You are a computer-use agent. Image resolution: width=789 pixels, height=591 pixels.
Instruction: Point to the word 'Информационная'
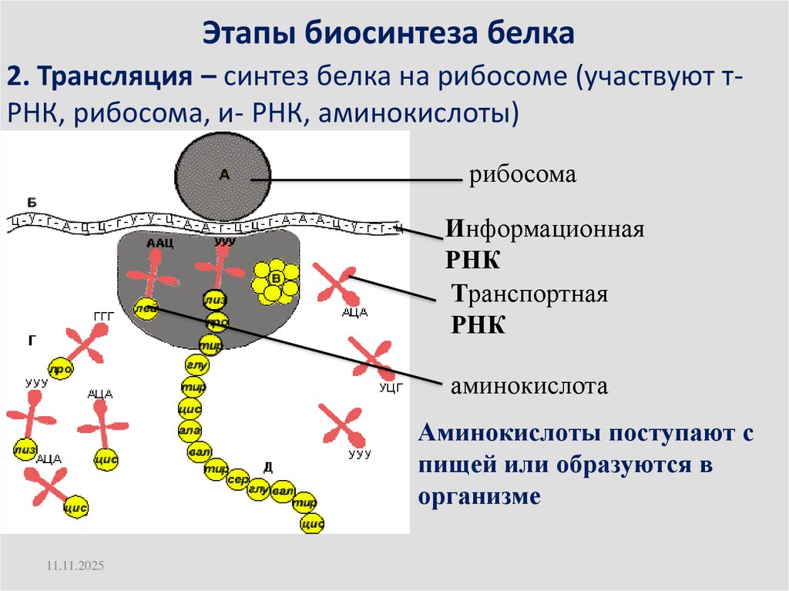(544, 230)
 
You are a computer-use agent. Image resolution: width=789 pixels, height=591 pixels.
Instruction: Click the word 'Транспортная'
(530, 294)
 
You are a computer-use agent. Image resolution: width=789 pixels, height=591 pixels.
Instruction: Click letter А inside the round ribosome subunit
(224, 175)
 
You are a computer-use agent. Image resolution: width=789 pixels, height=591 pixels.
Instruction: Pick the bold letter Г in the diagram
(32, 338)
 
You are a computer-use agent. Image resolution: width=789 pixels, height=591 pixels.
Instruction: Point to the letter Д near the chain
(267, 466)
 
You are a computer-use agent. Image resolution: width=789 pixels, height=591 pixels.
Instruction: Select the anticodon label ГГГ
(102, 317)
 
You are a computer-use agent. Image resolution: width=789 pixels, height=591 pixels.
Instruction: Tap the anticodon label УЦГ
(391, 388)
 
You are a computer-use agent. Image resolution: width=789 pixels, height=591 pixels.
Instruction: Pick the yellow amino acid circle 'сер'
(237, 479)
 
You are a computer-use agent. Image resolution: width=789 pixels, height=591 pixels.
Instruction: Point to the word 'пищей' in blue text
(455, 466)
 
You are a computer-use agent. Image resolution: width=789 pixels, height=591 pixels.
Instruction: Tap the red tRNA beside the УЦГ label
(371, 358)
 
